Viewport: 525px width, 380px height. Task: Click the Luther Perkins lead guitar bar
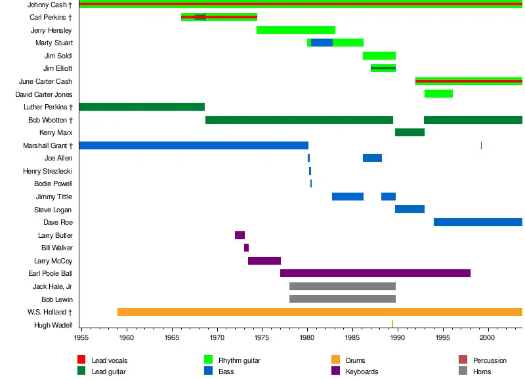(142, 107)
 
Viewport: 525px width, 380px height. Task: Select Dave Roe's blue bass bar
(478, 222)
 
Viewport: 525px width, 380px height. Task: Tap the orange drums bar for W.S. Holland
(320, 312)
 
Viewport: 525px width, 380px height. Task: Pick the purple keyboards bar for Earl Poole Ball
(375, 273)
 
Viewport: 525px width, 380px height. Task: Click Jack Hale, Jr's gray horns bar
(342, 286)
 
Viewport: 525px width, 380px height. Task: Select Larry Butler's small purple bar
(240, 235)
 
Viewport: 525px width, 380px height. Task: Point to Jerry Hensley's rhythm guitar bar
(295, 30)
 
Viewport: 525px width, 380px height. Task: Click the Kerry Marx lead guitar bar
(409, 132)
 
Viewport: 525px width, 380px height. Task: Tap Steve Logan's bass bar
(409, 210)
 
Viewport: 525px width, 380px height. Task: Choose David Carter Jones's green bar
(438, 94)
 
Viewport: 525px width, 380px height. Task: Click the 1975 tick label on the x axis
(262, 337)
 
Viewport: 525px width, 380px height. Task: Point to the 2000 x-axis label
(487, 337)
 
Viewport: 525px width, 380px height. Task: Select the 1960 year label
(127, 337)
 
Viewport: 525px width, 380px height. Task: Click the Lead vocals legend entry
(110, 360)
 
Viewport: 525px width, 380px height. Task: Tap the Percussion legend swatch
(463, 360)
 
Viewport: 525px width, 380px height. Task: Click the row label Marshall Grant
(47, 145)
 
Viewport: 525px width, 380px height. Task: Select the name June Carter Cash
(45, 81)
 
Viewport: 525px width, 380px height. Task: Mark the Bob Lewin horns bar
(342, 299)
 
